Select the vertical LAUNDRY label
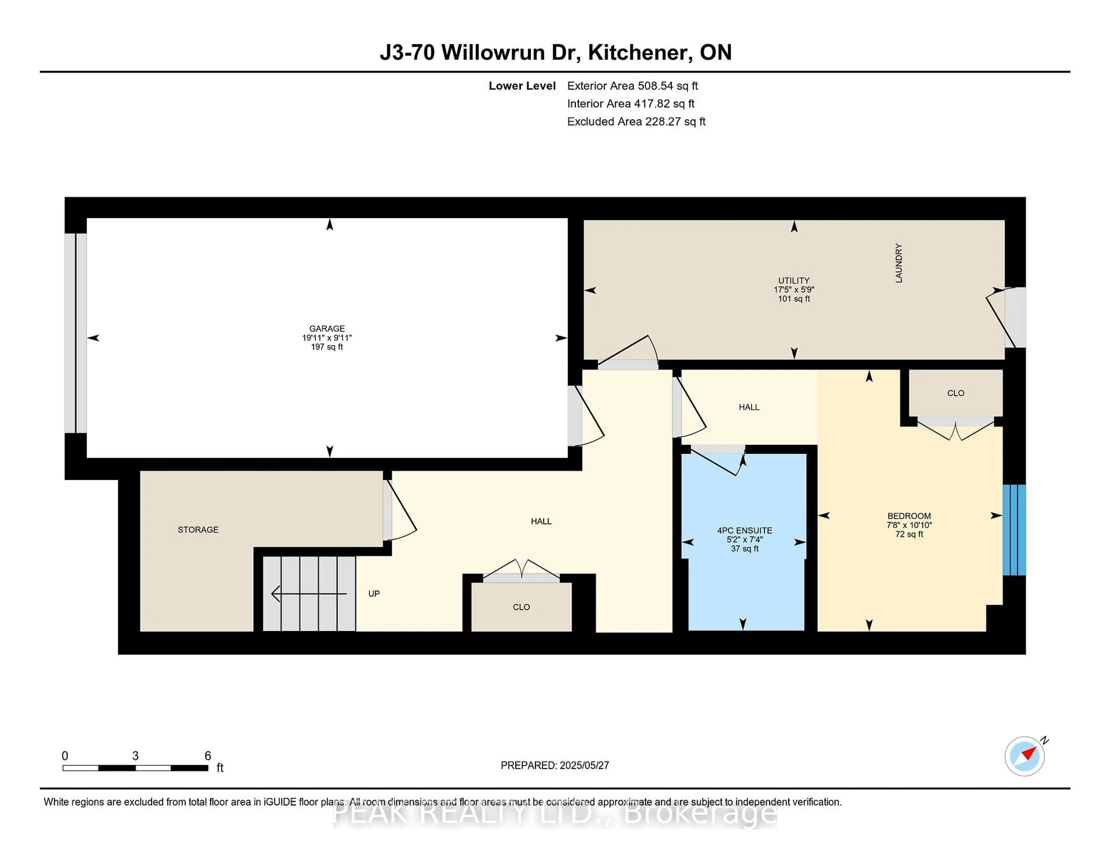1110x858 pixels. tap(899, 263)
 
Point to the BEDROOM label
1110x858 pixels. tap(909, 516)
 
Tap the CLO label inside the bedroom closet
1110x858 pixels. tap(955, 393)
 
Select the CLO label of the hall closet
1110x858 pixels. tap(521, 607)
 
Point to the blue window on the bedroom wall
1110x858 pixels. tap(1014, 530)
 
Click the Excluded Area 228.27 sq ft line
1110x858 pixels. tap(636, 121)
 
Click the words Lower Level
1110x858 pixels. tap(522, 86)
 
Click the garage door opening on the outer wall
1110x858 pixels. tap(75, 333)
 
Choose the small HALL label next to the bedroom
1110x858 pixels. tap(749, 407)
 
